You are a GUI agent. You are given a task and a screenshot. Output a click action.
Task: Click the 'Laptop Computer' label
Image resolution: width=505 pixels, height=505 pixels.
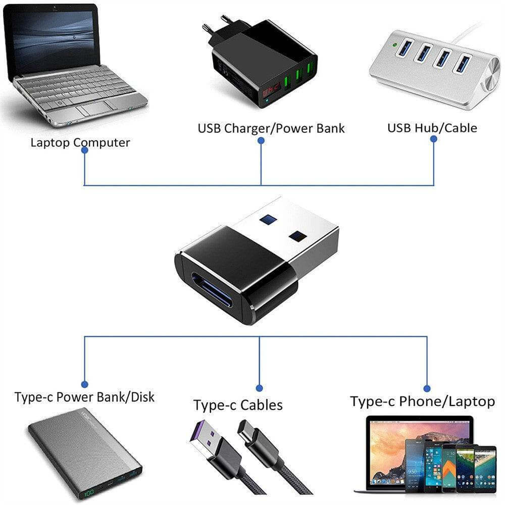coord(80,142)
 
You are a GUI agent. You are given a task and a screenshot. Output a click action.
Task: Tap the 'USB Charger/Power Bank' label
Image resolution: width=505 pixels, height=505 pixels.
coord(271,128)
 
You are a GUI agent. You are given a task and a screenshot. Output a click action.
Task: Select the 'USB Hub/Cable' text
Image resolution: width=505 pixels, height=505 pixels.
coord(432,128)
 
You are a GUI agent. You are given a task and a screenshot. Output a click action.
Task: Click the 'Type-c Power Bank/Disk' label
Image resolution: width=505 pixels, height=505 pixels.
coord(84,397)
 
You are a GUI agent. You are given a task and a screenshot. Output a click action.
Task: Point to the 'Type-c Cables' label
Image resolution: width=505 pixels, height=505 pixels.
coord(238,405)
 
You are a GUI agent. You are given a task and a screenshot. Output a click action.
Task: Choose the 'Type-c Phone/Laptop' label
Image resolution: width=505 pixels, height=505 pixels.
coord(422,401)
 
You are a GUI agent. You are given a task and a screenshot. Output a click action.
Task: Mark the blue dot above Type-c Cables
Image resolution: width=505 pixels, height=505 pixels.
coord(259,388)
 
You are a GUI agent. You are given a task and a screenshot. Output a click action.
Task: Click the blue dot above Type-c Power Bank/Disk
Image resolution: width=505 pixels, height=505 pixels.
coord(84,384)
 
